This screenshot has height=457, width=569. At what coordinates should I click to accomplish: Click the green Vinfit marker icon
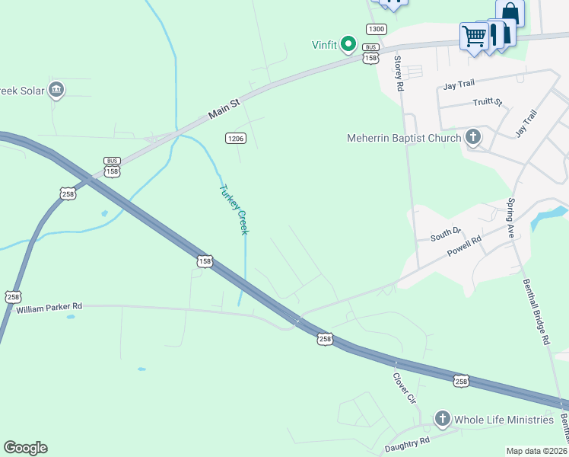(x=348, y=44)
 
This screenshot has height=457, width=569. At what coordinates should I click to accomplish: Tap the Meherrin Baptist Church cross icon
(x=473, y=138)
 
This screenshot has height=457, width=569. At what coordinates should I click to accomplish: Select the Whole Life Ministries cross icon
(x=443, y=419)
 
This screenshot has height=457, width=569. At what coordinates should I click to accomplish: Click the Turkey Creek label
(x=234, y=208)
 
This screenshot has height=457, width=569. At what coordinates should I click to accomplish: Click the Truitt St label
(x=488, y=102)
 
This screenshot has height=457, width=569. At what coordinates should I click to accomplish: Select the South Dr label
(x=446, y=233)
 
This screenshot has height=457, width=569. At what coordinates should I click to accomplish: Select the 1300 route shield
(x=376, y=29)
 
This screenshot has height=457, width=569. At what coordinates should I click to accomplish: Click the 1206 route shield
(x=235, y=138)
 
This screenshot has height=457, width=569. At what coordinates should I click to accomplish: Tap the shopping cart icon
(x=473, y=36)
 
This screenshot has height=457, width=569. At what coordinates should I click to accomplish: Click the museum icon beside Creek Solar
(x=56, y=91)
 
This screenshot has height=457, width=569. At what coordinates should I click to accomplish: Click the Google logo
(x=25, y=448)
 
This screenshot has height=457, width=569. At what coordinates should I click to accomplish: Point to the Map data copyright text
(x=536, y=451)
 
